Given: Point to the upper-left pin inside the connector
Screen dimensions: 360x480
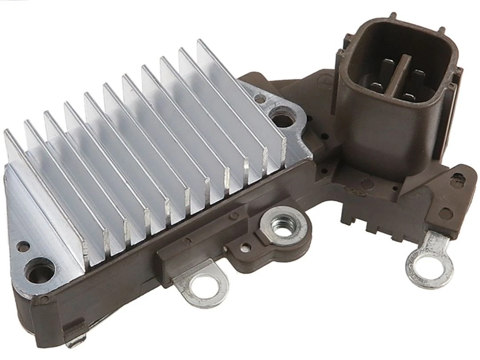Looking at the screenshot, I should click(387, 67).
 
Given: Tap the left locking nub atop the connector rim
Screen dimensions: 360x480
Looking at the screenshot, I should click(393, 16).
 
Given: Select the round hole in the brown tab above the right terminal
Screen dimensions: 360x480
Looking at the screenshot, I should click(444, 214).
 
